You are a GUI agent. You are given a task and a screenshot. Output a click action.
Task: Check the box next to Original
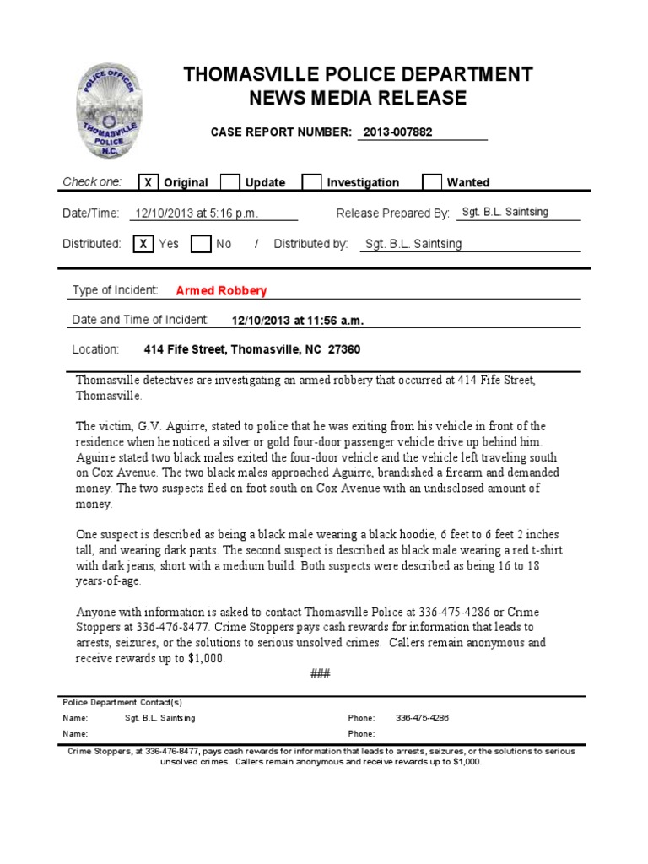(148, 182)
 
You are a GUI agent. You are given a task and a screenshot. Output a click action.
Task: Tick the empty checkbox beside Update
(229, 182)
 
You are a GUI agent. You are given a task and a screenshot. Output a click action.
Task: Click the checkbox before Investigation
(311, 182)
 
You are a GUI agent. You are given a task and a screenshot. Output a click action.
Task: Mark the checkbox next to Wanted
(431, 182)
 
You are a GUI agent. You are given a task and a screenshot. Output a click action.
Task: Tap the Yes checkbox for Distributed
(143, 244)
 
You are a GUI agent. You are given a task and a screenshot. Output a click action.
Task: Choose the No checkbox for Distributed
(200, 244)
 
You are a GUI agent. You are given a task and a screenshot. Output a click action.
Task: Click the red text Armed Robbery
(221, 291)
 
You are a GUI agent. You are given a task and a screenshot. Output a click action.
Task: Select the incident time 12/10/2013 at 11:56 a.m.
(298, 321)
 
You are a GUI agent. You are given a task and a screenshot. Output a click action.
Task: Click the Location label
(95, 349)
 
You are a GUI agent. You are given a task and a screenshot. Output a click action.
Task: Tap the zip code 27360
(344, 349)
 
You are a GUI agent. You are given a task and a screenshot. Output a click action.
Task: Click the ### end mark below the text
(320, 674)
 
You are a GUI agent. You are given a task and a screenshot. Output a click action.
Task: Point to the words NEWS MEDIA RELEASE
(358, 99)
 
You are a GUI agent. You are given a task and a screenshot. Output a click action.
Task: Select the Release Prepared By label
(393, 213)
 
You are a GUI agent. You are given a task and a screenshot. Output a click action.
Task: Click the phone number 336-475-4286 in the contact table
(422, 718)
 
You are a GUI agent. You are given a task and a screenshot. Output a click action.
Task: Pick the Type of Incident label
(115, 290)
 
